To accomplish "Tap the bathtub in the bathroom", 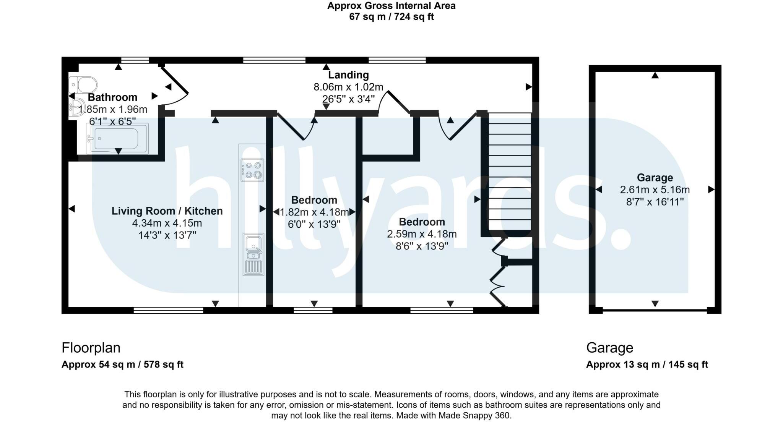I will [x=117, y=139].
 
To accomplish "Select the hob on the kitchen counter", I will [x=252, y=170].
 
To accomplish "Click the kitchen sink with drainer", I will [x=253, y=254].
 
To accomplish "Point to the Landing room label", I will [x=348, y=75].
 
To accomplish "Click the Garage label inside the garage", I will [x=655, y=178].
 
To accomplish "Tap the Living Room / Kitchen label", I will [x=167, y=211].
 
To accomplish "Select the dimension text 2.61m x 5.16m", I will [x=655, y=190].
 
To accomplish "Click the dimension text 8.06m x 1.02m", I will [x=348, y=87].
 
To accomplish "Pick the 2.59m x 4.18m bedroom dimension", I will [x=422, y=234].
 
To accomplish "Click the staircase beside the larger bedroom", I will [x=510, y=172].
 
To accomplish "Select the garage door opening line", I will [x=655, y=310].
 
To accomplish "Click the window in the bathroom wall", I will [x=135, y=60].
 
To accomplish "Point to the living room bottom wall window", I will [x=168, y=310].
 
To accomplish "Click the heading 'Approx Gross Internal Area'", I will [x=391, y=6].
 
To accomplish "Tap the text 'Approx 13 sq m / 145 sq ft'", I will [x=647, y=364].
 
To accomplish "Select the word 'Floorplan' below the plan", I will [x=91, y=348].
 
